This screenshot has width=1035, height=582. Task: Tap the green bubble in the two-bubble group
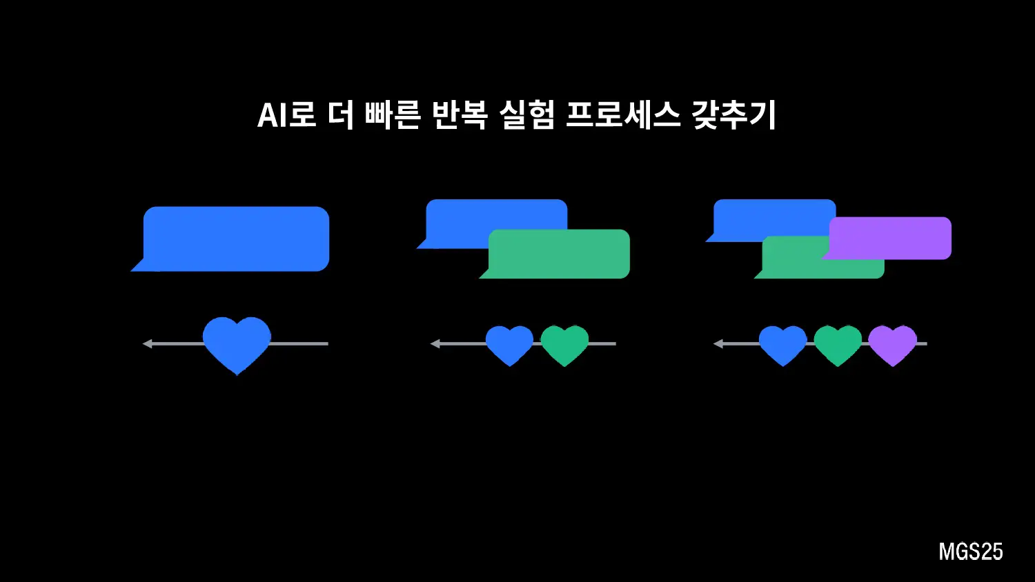[x=559, y=255]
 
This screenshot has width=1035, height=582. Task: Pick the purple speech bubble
[x=890, y=238]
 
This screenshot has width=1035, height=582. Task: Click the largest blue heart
[x=237, y=343]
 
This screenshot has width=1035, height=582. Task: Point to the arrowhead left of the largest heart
[x=147, y=343]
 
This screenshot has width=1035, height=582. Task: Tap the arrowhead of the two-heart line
[x=435, y=343]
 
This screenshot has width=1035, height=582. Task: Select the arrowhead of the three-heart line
[x=718, y=343]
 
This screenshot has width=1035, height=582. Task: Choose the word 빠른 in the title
[x=393, y=115]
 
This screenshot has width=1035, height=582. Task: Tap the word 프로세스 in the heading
[x=623, y=115]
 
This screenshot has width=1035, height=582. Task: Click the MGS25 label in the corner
[x=970, y=552]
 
